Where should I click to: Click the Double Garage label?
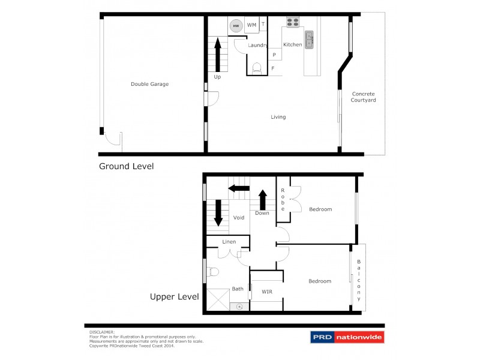click(149, 84)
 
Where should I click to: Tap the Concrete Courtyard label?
click(363, 97)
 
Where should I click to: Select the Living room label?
click(278, 117)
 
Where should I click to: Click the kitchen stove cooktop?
click(293, 23)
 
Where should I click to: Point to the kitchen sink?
click(310, 40)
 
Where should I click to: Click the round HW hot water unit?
click(236, 26)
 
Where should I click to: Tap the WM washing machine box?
click(251, 25)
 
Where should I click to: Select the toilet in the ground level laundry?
click(257, 68)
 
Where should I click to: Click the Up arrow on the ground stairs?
click(217, 55)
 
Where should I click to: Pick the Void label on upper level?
click(238, 218)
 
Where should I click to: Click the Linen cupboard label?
click(229, 242)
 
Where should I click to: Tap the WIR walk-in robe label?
click(267, 292)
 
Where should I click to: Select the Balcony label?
click(359, 280)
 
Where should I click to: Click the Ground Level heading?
click(126, 166)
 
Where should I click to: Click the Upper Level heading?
click(175, 296)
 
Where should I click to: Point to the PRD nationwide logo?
click(347, 338)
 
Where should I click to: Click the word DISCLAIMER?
click(102, 331)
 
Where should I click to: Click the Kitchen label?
click(292, 45)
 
